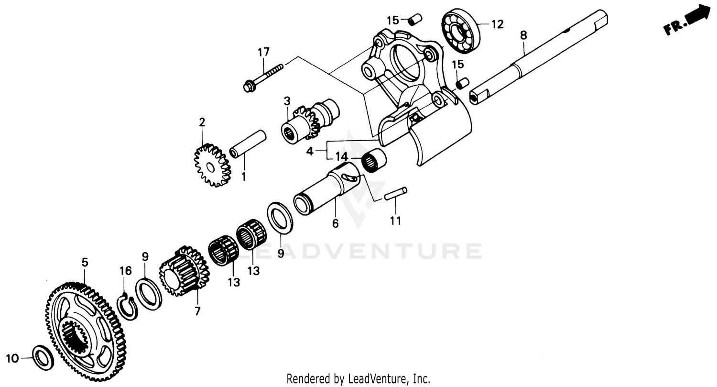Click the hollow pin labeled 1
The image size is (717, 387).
248,143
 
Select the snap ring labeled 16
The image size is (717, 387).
127,307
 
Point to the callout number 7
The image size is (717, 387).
197,311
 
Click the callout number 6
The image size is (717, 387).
335,223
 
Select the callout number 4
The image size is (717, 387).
310,151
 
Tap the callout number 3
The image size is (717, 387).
287,101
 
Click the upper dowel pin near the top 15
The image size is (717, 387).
414,21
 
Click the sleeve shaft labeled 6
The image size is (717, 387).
325,189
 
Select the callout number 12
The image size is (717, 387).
498,24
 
